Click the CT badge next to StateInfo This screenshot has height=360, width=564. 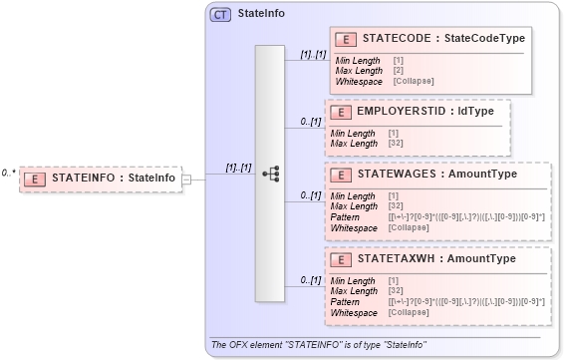(220, 15)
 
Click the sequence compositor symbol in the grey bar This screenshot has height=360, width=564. (270, 173)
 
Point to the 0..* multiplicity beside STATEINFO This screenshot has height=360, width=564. (8, 173)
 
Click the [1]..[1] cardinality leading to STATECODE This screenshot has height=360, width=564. (311, 55)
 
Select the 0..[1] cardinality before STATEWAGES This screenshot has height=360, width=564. (311, 195)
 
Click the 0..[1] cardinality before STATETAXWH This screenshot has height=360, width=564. (311, 280)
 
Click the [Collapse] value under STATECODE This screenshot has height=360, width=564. (413, 80)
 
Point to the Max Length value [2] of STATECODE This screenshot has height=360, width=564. (398, 70)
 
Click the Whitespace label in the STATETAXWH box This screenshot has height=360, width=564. (355, 312)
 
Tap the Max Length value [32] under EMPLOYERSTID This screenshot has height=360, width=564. (395, 143)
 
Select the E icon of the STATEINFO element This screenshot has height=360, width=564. (36, 179)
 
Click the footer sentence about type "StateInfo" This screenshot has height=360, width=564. (319, 345)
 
